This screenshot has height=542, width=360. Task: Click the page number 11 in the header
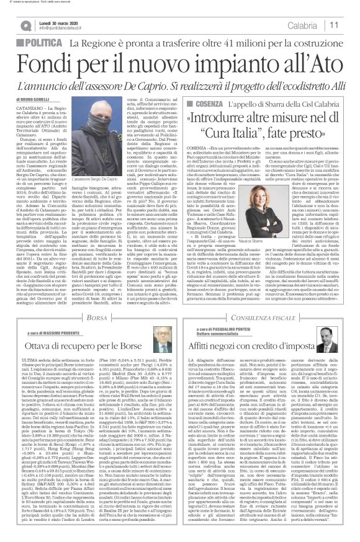pos(351,24)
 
